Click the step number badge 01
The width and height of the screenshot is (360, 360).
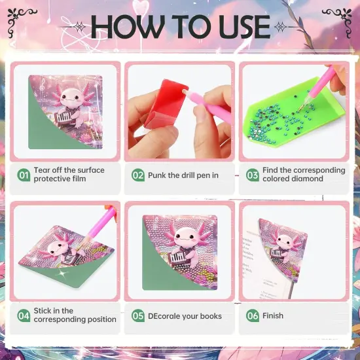click(24, 175)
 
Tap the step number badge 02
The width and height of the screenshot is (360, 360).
click(138, 175)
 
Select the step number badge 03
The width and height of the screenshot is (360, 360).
click(252, 175)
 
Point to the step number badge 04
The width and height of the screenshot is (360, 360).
click(24, 315)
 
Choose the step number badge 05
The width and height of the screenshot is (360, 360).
click(138, 315)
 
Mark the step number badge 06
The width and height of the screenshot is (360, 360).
click(252, 315)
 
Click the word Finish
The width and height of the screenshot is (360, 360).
click(273, 315)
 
